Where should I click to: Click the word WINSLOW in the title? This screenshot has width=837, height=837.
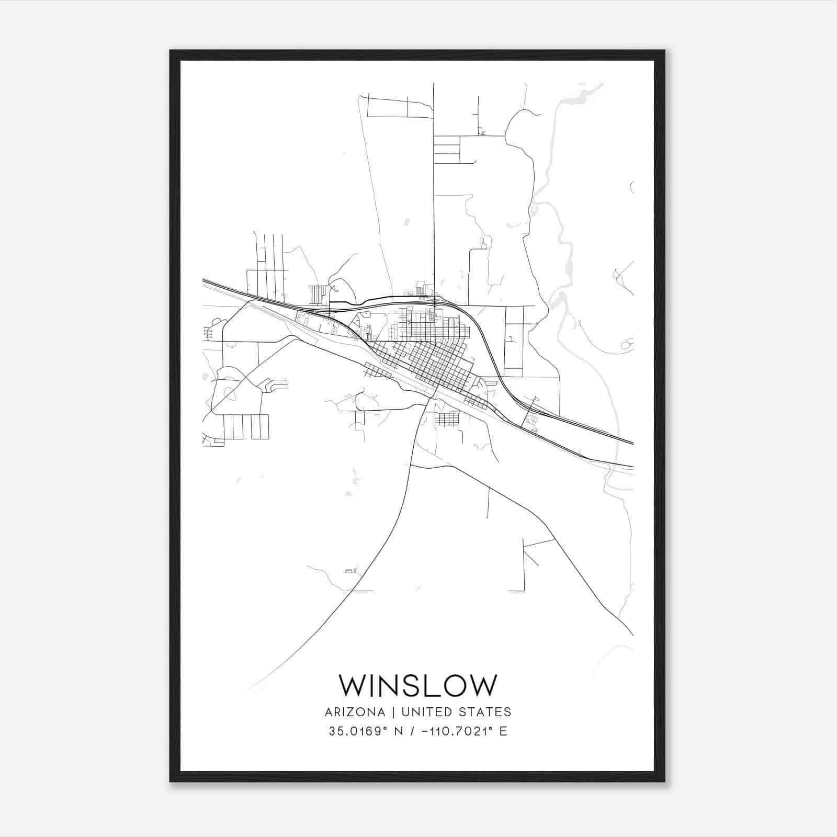pyautogui.click(x=418, y=685)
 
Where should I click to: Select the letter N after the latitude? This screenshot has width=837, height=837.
pyautogui.click(x=395, y=731)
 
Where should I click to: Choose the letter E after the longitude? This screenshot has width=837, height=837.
pyautogui.click(x=503, y=731)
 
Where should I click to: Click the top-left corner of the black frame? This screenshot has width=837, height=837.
pyautogui.click(x=171, y=51)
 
